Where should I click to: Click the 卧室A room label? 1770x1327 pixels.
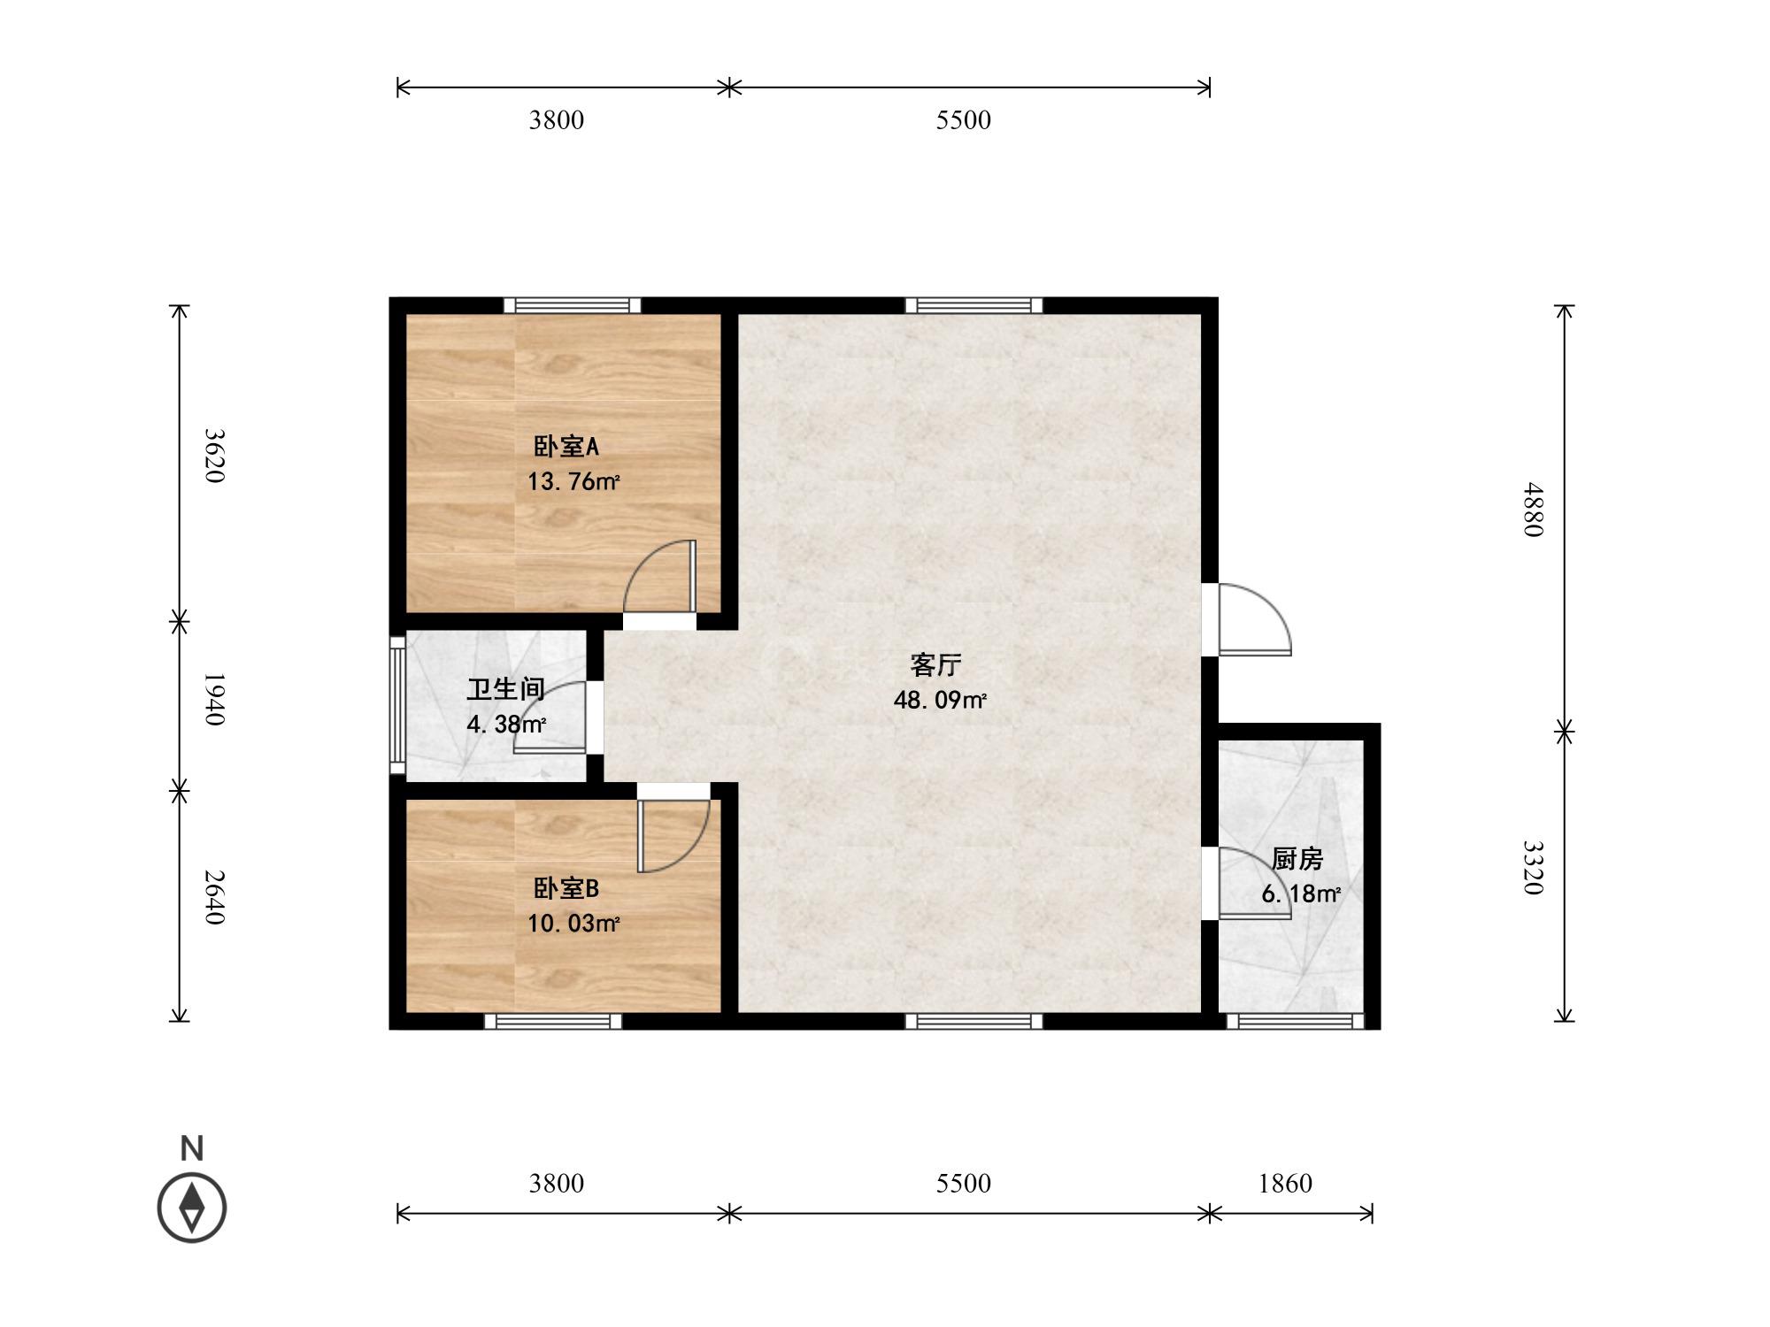point(566,447)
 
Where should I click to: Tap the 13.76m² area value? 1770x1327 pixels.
point(573,482)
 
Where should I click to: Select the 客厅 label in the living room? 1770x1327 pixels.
point(935,664)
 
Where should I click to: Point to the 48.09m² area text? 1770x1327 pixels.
point(940,701)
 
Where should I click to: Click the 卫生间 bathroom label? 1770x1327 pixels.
point(505,689)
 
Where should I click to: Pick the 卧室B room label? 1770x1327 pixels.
point(566,888)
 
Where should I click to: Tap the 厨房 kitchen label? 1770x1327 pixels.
point(1297,858)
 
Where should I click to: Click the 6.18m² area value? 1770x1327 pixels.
point(1301,894)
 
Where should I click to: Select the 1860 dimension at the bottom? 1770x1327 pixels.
point(1285,1183)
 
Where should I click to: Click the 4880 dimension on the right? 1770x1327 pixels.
point(1533,510)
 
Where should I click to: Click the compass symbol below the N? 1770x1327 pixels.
point(192,1208)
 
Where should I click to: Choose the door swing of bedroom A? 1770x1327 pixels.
point(660,576)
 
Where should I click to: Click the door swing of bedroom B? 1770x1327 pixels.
point(673,836)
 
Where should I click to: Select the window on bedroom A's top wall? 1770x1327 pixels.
point(573,305)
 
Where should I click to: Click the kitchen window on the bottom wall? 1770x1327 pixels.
point(1296,1021)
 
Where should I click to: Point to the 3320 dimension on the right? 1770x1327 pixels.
point(1533,868)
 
